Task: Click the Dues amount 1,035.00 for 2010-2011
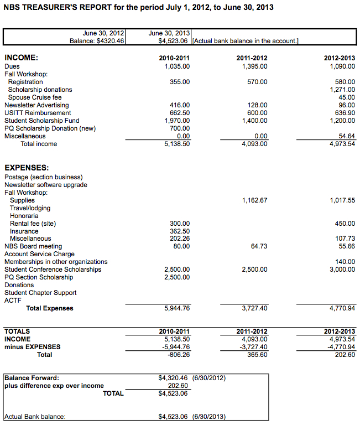tap(177, 66)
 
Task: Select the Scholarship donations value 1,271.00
tap(342, 90)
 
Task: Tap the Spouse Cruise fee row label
tap(35, 97)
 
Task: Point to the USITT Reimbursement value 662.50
tap(180, 113)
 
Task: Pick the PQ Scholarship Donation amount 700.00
tap(180, 128)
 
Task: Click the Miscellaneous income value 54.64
tap(346, 136)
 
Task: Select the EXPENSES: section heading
tap(27, 167)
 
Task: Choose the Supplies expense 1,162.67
tap(254, 200)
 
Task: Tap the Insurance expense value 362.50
tap(180, 231)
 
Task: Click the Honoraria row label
tap(24, 216)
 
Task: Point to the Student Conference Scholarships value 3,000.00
tap(342, 269)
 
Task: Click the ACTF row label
tap(13, 300)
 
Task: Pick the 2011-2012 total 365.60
tap(257, 355)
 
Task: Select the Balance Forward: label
tap(32, 378)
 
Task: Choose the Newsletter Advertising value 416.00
tap(180, 105)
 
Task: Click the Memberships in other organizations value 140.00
tap(346, 262)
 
